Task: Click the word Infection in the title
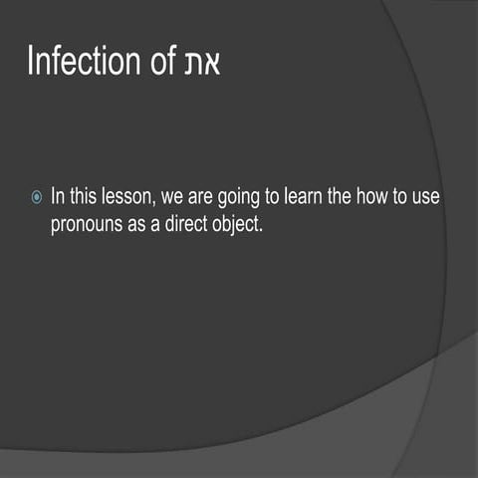click(x=85, y=62)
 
